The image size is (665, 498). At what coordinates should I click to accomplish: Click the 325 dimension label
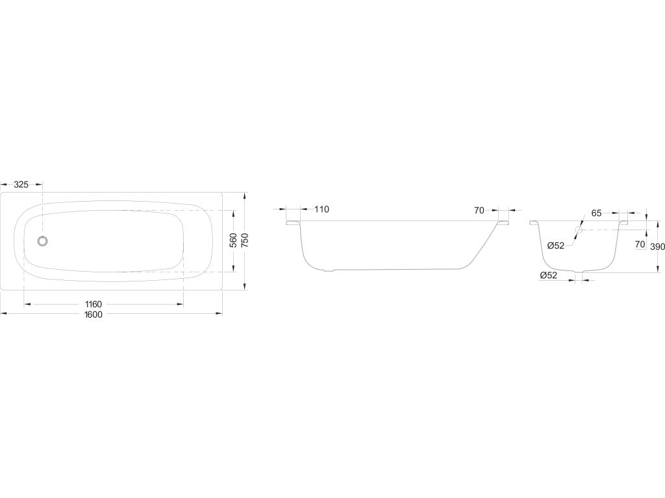point(21,185)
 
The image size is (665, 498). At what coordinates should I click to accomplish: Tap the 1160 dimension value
point(94,304)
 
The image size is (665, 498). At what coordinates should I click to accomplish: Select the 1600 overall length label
point(94,314)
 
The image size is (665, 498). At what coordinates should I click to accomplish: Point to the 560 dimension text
point(233,241)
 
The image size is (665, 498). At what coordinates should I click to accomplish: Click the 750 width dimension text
point(245,241)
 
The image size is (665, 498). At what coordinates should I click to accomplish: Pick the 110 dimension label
point(322,209)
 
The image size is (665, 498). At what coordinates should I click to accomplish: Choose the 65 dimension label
point(596,213)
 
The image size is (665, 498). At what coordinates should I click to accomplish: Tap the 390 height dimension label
point(658,246)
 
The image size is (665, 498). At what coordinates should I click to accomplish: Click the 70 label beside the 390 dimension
point(640,244)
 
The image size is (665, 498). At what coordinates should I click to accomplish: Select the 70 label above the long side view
point(479,211)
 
